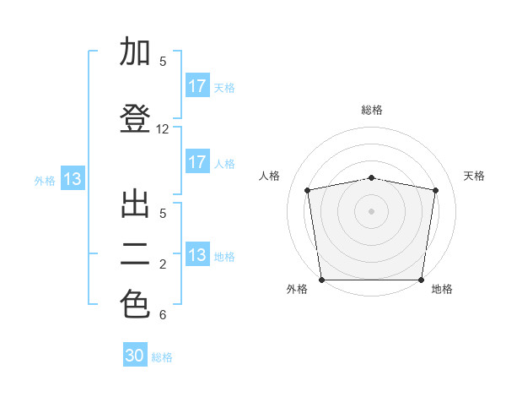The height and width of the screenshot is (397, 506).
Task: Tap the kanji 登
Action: coord(136,118)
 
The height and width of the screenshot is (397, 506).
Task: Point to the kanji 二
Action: coord(136,253)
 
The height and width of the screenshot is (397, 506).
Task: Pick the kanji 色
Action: coord(136,304)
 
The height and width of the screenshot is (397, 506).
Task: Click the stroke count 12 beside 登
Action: coord(163,129)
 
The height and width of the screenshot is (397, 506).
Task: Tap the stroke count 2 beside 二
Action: coord(163,264)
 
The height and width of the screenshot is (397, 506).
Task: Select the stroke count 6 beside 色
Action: coord(163,315)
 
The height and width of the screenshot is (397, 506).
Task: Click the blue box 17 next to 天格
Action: coord(196,86)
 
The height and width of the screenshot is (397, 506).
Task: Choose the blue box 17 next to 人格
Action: coord(196,162)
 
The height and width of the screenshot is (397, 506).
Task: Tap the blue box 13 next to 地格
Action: coord(196,255)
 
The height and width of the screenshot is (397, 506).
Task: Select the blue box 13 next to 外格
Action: coord(72,179)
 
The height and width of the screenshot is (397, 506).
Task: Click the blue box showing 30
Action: coord(135,356)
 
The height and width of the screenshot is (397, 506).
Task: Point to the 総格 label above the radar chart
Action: coord(372,110)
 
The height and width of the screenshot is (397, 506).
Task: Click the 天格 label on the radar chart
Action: coord(475,176)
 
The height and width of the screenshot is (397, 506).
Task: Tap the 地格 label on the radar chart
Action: coord(442,289)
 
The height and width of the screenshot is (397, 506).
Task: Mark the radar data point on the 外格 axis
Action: coord(321,280)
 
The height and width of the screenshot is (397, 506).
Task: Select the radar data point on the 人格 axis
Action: coord(308,190)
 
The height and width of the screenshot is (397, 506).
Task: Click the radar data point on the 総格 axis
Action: coord(372,177)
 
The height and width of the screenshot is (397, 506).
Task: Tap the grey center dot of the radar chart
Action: coord(372,210)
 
